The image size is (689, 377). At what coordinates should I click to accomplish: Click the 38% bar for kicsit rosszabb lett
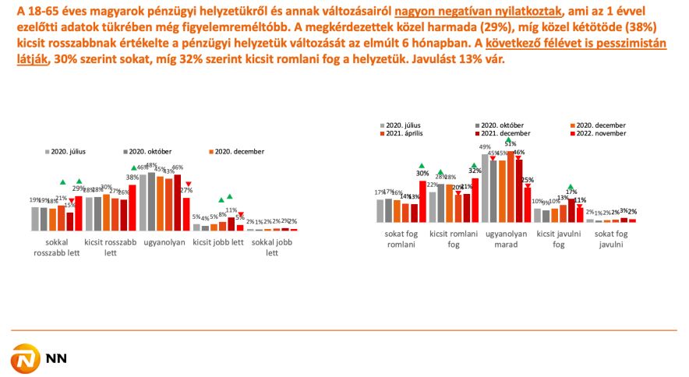pos(132,207)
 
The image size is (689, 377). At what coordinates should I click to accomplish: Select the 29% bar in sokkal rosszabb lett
pos(79,213)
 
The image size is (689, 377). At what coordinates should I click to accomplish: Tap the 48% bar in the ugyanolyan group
pos(151,201)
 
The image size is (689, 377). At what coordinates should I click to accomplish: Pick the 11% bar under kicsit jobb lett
pos(231,224)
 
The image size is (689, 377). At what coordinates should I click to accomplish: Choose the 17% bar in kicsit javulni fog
pos(571,210)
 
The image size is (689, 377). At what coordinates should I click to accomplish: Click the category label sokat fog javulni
pos(611,239)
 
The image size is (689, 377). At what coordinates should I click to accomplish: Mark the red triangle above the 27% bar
pos(188,185)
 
